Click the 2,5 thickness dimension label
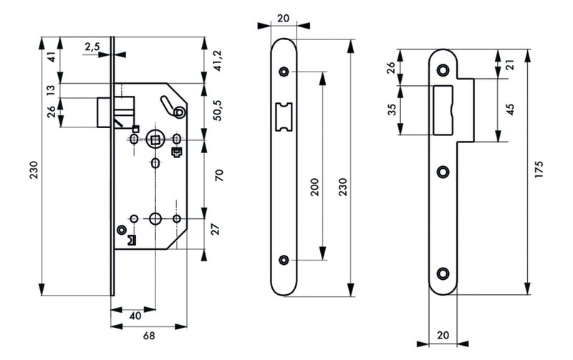[x=92, y=47]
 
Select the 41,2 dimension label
[x=218, y=61]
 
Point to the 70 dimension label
[x=219, y=175]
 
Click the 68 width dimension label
[x=149, y=336]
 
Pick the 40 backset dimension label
[x=135, y=316]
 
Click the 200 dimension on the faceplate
[x=314, y=187]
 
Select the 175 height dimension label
[x=539, y=170]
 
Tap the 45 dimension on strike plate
[x=510, y=110]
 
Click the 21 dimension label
[x=510, y=64]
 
